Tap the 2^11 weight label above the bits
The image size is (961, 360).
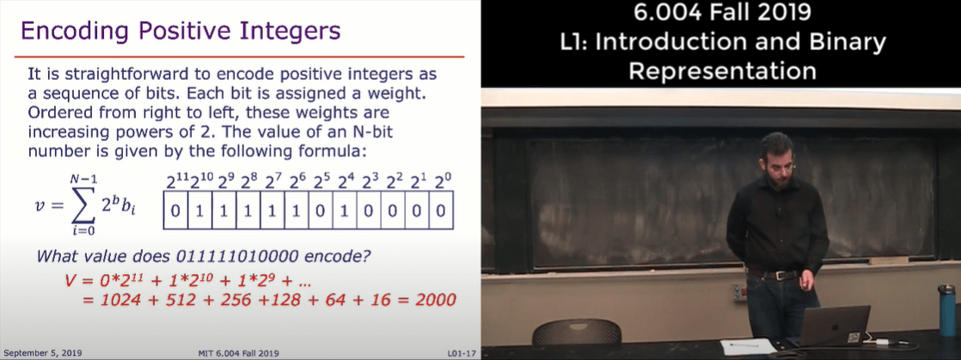point(178,181)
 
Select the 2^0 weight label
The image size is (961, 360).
point(441,181)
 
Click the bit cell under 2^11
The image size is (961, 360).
point(176,211)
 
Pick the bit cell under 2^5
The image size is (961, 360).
point(321,211)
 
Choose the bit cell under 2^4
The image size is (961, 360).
point(345,211)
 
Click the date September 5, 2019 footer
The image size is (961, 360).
point(41,352)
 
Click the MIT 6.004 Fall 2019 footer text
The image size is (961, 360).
point(239,353)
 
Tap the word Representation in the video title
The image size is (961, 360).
point(723,71)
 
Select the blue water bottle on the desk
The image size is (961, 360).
point(947,310)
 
